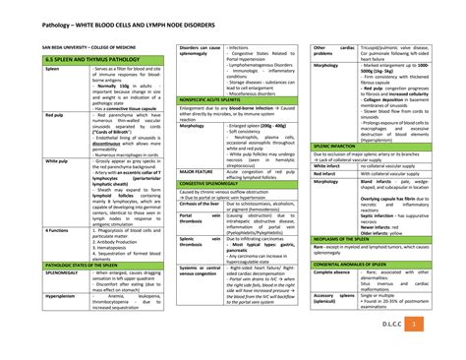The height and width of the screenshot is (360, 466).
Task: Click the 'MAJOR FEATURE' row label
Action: click(201, 171)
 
